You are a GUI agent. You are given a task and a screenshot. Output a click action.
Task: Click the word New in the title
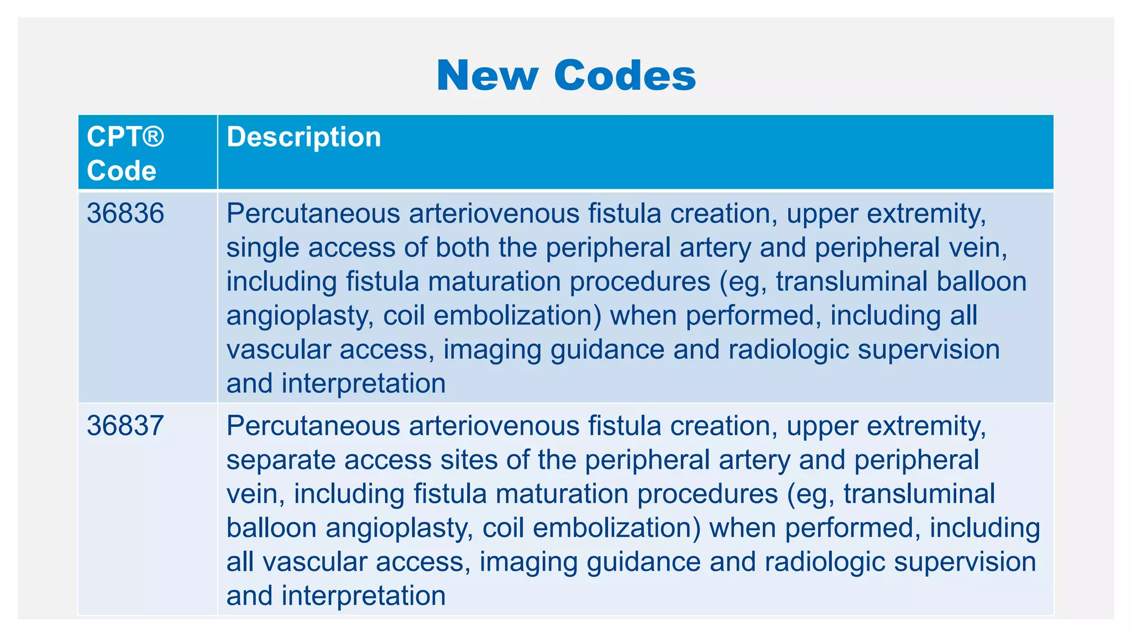(x=487, y=75)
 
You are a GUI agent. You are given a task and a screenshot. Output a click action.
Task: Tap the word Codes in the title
(x=625, y=75)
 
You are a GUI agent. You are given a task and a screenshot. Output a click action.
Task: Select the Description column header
(x=303, y=137)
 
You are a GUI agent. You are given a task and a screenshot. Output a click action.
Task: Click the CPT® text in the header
(x=125, y=137)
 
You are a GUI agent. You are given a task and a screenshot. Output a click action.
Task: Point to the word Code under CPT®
(x=122, y=170)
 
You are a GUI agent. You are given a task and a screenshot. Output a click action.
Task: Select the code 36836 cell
(x=125, y=213)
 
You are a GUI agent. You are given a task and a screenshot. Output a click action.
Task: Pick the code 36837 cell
(x=125, y=426)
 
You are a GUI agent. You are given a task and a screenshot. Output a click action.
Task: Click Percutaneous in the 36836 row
(x=313, y=213)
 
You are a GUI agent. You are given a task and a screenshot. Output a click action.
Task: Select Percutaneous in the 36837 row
(x=313, y=426)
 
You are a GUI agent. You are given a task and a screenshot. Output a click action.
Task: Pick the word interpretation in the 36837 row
(x=363, y=596)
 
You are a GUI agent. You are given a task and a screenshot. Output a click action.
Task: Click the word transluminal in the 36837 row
(x=919, y=494)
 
